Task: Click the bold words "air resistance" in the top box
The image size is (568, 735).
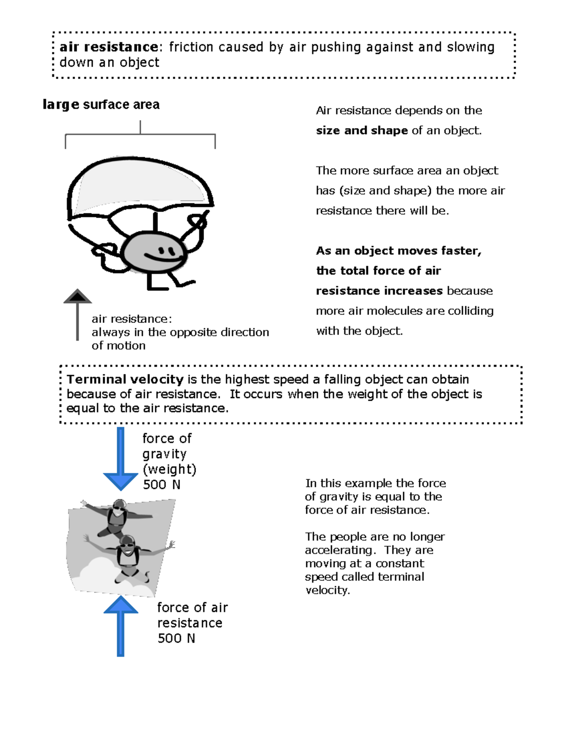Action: pos(108,47)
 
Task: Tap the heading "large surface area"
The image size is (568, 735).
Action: pos(101,105)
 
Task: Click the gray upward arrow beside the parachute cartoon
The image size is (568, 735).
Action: pos(78,315)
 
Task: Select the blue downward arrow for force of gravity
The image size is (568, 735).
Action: pos(120,459)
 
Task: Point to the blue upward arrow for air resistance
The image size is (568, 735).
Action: pos(120,626)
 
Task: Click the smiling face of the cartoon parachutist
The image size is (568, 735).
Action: pos(154,252)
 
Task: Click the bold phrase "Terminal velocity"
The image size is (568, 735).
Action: pos(125,379)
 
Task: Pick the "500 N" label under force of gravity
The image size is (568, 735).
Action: pos(162,484)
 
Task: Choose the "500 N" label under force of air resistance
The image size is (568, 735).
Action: pos(176,638)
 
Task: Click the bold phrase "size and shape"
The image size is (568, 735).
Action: pos(362,131)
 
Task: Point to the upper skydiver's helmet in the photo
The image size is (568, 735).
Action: pos(120,504)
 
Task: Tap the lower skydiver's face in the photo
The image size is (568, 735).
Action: pos(127,547)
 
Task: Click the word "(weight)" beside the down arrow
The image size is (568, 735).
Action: pos(169,469)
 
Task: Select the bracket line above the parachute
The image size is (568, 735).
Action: pos(140,134)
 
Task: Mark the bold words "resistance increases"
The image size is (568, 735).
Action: pos(379,291)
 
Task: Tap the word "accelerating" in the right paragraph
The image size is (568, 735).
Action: pos(340,550)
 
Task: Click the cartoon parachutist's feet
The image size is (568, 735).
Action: pos(171,283)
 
